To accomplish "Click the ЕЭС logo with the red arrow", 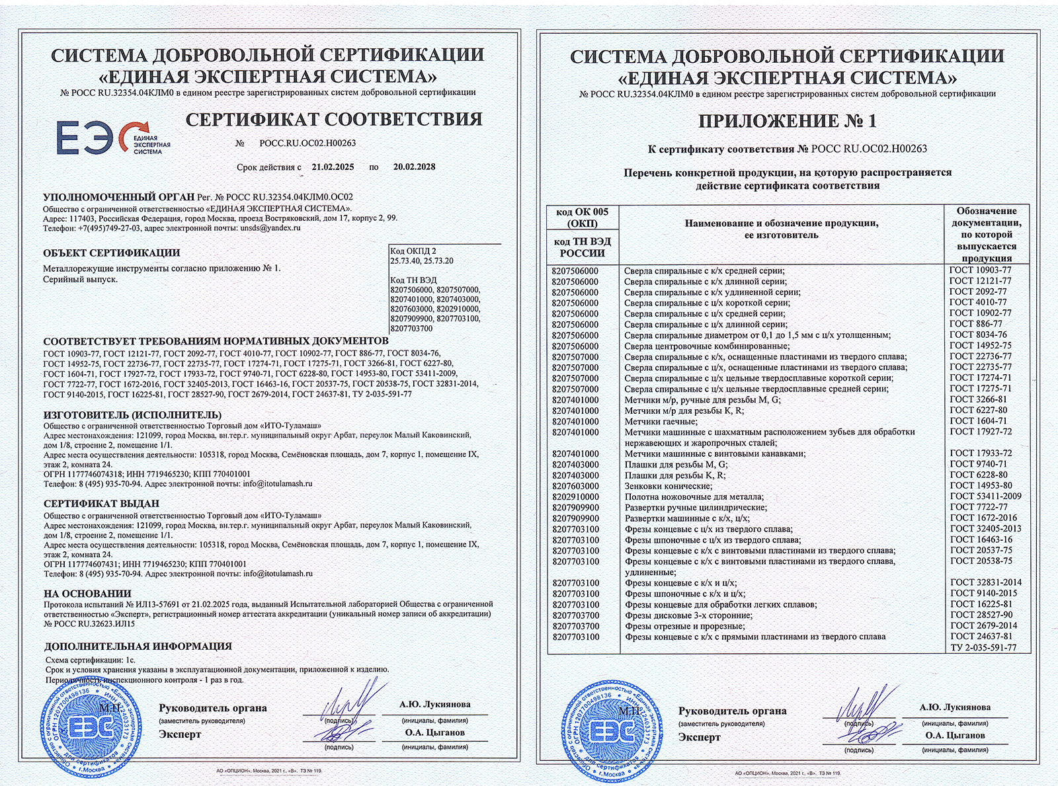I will (112, 138).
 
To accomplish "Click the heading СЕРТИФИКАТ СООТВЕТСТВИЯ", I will (334, 120).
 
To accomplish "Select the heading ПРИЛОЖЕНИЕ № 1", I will (787, 121).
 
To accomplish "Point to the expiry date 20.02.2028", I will (414, 167).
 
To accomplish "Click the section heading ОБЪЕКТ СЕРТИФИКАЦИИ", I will (111, 253).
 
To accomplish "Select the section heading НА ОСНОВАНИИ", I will (87, 594).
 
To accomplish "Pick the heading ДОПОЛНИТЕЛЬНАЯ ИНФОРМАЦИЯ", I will (138, 647).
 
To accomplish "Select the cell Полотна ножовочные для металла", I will (694, 496).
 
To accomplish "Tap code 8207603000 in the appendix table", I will (575, 486).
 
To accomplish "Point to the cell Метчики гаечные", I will (661, 421).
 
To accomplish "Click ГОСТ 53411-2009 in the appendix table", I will (985, 496).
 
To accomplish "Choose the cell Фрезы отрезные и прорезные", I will (684, 626).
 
